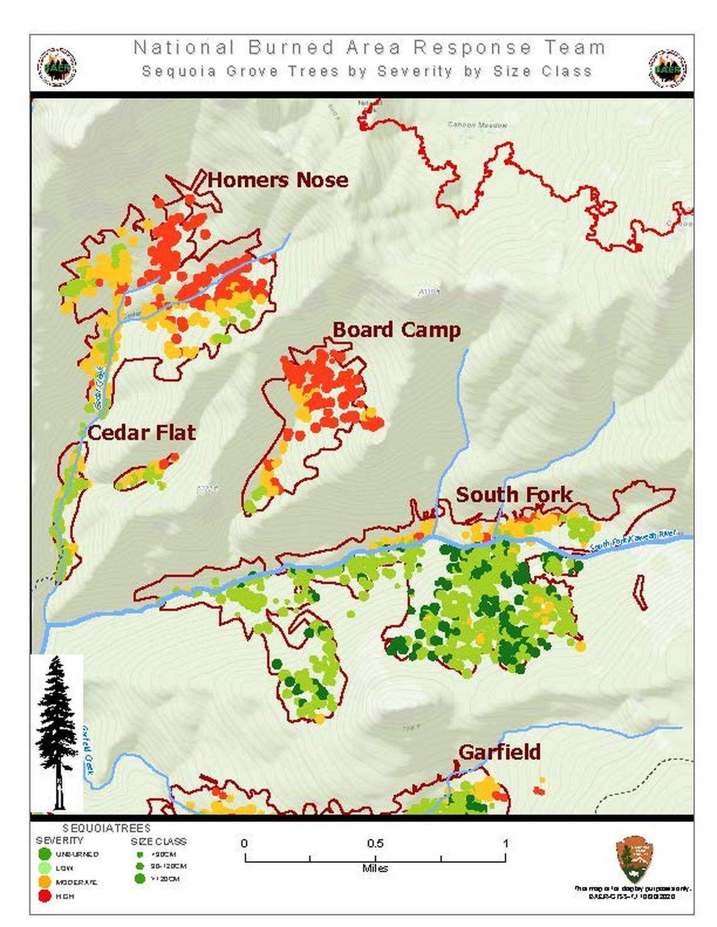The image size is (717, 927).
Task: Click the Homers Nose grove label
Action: click(277, 180)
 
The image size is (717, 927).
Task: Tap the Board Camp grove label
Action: click(396, 329)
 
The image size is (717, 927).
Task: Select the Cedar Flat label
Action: click(141, 432)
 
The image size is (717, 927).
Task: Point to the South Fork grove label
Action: click(514, 495)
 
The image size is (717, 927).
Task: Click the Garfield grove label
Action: click(499, 752)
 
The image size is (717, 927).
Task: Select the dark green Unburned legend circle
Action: click(44, 854)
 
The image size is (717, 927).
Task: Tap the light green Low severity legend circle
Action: click(44, 868)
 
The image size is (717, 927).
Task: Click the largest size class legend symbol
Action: click(140, 879)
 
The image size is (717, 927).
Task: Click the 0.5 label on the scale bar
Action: click(375, 843)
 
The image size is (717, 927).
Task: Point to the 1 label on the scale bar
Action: click(505, 843)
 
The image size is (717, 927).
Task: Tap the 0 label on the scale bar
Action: click(245, 843)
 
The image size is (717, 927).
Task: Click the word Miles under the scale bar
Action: click(375, 869)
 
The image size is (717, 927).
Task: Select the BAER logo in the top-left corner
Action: click(57, 67)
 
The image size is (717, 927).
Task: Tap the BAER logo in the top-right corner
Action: click(667, 68)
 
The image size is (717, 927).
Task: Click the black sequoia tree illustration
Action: click(57, 732)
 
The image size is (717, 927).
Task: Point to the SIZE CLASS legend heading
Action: click(158, 841)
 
